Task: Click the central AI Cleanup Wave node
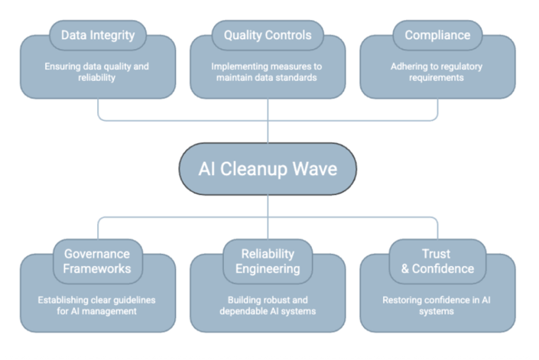[268, 168]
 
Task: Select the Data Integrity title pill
[98, 35]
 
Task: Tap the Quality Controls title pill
[268, 35]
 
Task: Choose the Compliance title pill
[437, 35]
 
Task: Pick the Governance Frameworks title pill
[98, 261]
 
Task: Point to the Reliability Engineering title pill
[268, 261]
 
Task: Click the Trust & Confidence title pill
[437, 261]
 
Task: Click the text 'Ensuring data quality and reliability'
[98, 72]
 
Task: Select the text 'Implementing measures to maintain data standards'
[268, 72]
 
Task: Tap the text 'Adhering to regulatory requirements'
[437, 72]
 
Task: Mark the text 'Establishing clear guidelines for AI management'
[98, 305]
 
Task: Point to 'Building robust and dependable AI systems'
[268, 305]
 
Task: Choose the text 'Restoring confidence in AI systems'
[437, 305]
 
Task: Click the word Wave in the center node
[313, 168]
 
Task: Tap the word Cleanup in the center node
[252, 168]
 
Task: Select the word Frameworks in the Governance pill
[98, 268]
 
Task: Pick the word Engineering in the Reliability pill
[268, 268]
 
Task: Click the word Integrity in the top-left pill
[115, 35]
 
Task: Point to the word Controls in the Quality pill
[289, 35]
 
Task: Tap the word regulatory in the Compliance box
[458, 66]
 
